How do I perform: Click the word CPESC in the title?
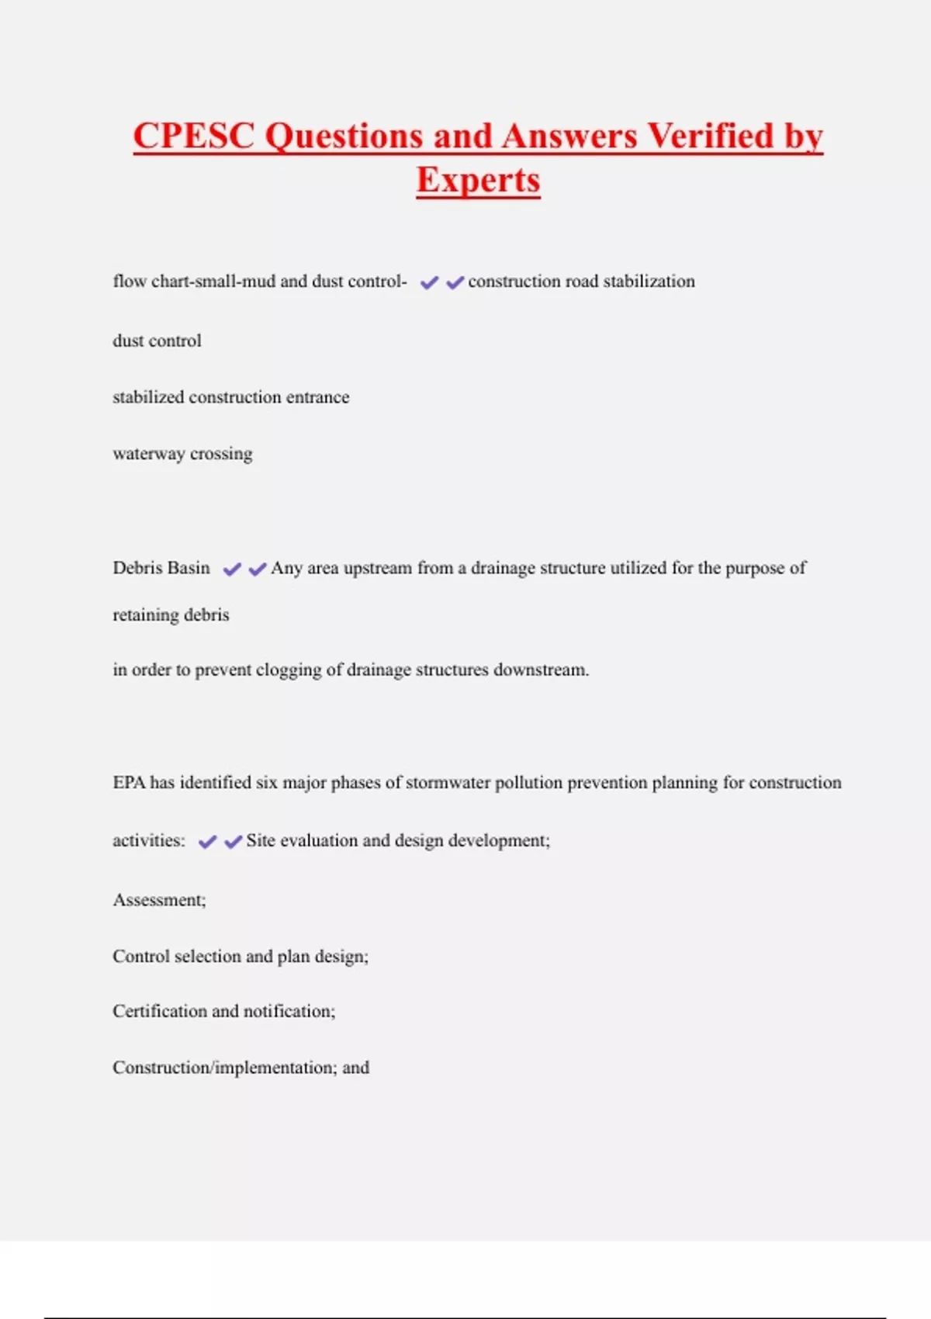coord(194,136)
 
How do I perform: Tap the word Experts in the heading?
coord(478,180)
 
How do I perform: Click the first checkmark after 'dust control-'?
coord(429,282)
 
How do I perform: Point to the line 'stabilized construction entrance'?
coord(230,397)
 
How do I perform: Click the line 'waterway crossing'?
coord(182,453)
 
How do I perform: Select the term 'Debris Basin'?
coord(161,568)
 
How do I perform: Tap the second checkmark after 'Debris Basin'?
coord(258,569)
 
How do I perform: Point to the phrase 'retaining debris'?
coord(171,614)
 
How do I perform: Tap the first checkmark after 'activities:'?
coord(207,842)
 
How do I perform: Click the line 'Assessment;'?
coord(159,900)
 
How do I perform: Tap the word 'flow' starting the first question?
coord(129,281)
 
